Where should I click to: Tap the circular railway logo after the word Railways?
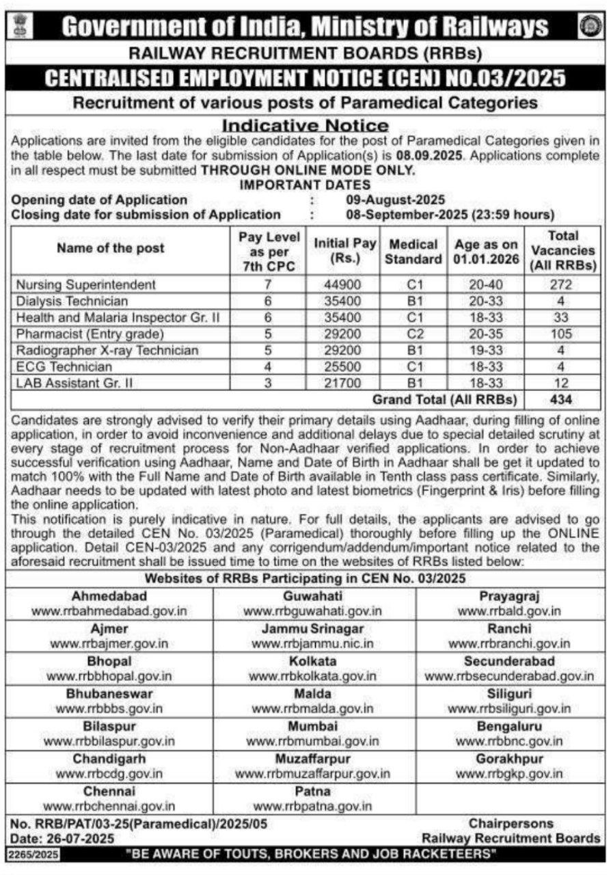(587, 26)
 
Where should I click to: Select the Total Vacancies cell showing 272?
(563, 284)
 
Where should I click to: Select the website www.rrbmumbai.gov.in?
(312, 740)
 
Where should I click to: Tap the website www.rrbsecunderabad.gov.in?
(509, 676)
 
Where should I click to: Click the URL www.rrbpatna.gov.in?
(312, 807)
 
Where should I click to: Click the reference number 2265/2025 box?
(33, 854)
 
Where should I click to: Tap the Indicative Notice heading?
(305, 126)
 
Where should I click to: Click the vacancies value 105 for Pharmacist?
(563, 334)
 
